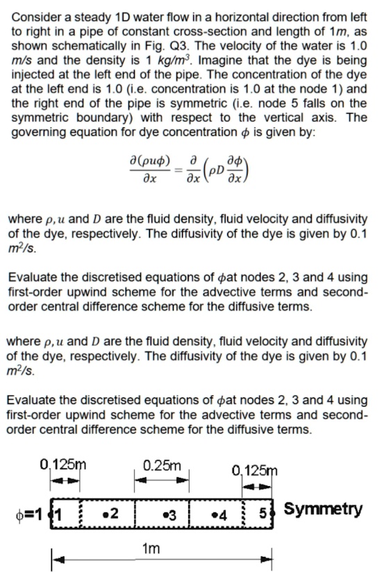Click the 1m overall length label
tap(150, 549)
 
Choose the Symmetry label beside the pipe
tap(322, 510)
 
